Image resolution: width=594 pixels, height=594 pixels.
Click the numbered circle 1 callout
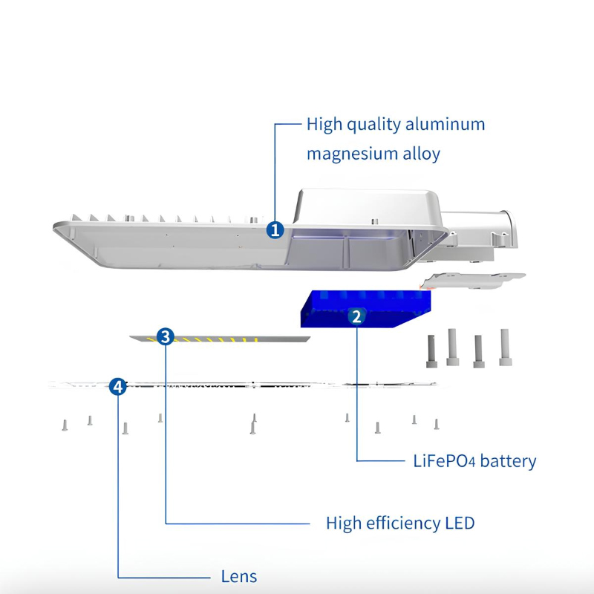[275, 229]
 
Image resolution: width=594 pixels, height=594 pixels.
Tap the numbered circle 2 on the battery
[356, 317]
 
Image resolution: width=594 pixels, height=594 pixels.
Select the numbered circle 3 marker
[166, 337]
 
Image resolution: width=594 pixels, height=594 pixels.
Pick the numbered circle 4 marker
[117, 386]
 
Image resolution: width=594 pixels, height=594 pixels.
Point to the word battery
[508, 461]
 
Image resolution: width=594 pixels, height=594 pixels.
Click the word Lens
[238, 576]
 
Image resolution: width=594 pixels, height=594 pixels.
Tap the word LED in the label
[460, 523]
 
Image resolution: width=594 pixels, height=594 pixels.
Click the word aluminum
[445, 124]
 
